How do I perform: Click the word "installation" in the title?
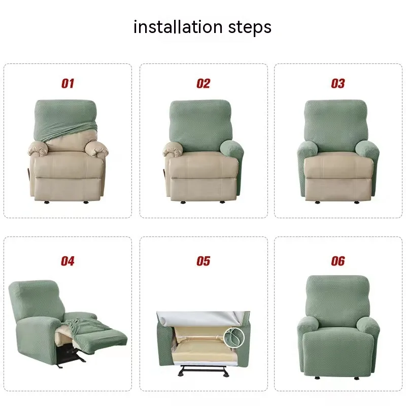(178, 27)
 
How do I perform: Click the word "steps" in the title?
(250, 28)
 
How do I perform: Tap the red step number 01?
(68, 83)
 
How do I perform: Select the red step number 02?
(204, 83)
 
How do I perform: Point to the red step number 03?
(338, 83)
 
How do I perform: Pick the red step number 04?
(67, 261)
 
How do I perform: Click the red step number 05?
(204, 261)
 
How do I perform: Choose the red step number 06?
(338, 261)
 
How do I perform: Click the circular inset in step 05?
(234, 337)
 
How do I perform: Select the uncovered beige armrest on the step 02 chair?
(174, 150)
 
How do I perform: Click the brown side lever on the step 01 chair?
(29, 173)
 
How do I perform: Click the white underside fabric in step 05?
(200, 319)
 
